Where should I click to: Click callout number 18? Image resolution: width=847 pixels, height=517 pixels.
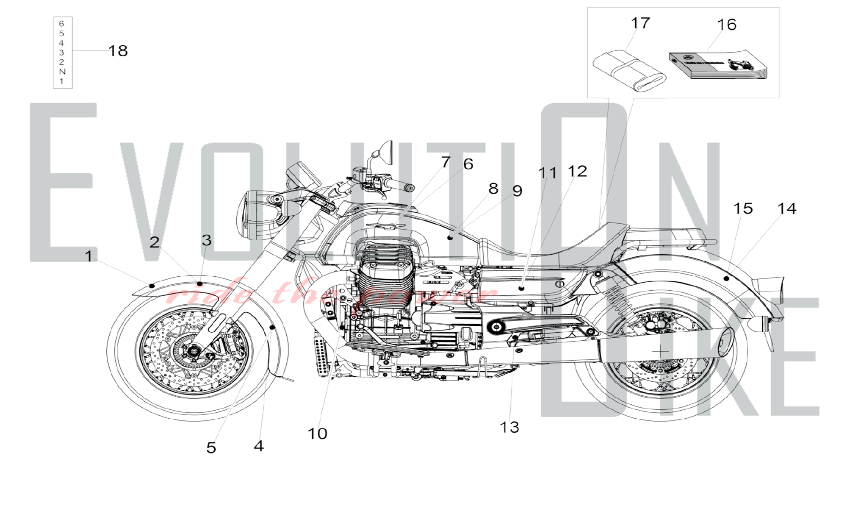(118, 51)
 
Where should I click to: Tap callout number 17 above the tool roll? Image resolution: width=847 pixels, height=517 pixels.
(640, 23)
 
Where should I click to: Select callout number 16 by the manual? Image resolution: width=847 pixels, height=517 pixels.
(727, 25)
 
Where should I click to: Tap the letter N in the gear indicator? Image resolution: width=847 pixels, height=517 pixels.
(62, 72)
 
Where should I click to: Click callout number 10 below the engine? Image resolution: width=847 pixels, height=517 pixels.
(317, 434)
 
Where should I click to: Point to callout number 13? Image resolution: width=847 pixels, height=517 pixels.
(509, 427)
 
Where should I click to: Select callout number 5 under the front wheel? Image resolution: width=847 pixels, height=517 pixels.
(211, 448)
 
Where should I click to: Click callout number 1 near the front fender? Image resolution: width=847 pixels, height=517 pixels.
(89, 256)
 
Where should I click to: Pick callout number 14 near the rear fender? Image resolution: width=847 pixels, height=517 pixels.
(787, 208)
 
